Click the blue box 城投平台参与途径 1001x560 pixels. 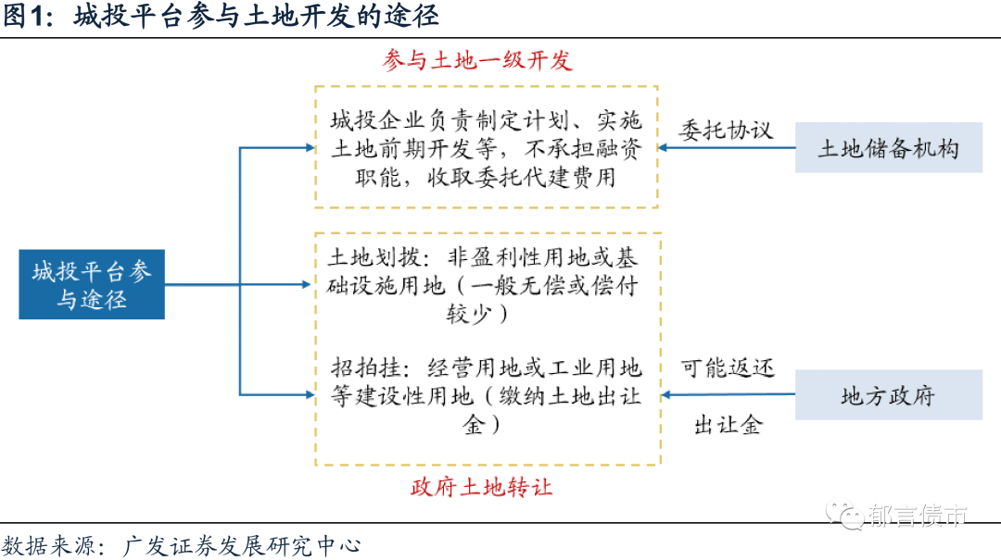(92, 284)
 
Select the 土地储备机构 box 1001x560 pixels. (888, 148)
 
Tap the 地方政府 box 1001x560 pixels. (888, 396)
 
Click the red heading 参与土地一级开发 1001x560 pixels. (477, 61)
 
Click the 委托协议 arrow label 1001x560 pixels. (726, 130)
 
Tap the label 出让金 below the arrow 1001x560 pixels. (728, 425)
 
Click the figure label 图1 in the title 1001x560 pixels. (28, 17)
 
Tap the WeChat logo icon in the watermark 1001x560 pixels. (843, 514)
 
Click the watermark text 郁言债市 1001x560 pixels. (918, 516)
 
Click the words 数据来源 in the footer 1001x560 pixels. (41, 545)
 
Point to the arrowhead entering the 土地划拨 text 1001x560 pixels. (308, 284)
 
